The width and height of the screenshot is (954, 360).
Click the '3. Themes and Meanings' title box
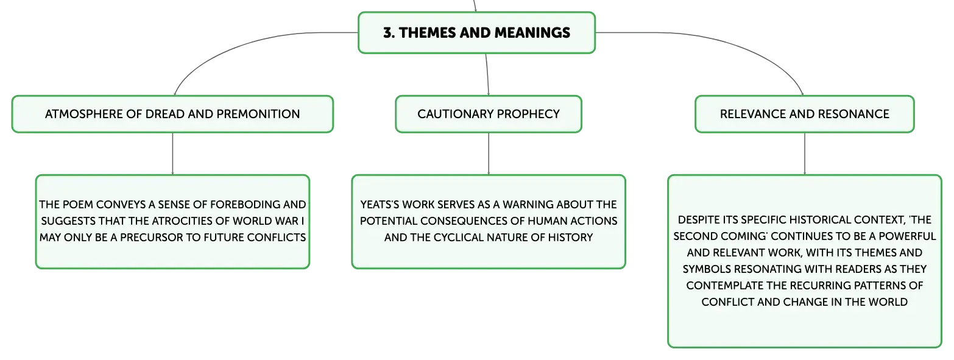pos(476,33)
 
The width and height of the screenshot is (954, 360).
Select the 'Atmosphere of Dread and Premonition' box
pos(172,114)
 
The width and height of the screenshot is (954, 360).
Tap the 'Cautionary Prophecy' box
pos(489,114)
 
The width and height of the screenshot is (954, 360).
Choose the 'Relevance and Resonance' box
pos(805,114)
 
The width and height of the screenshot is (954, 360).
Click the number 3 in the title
pos(387,33)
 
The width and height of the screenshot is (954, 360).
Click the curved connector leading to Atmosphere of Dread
pos(239,46)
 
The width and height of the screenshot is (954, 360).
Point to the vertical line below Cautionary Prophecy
pos(489,154)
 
